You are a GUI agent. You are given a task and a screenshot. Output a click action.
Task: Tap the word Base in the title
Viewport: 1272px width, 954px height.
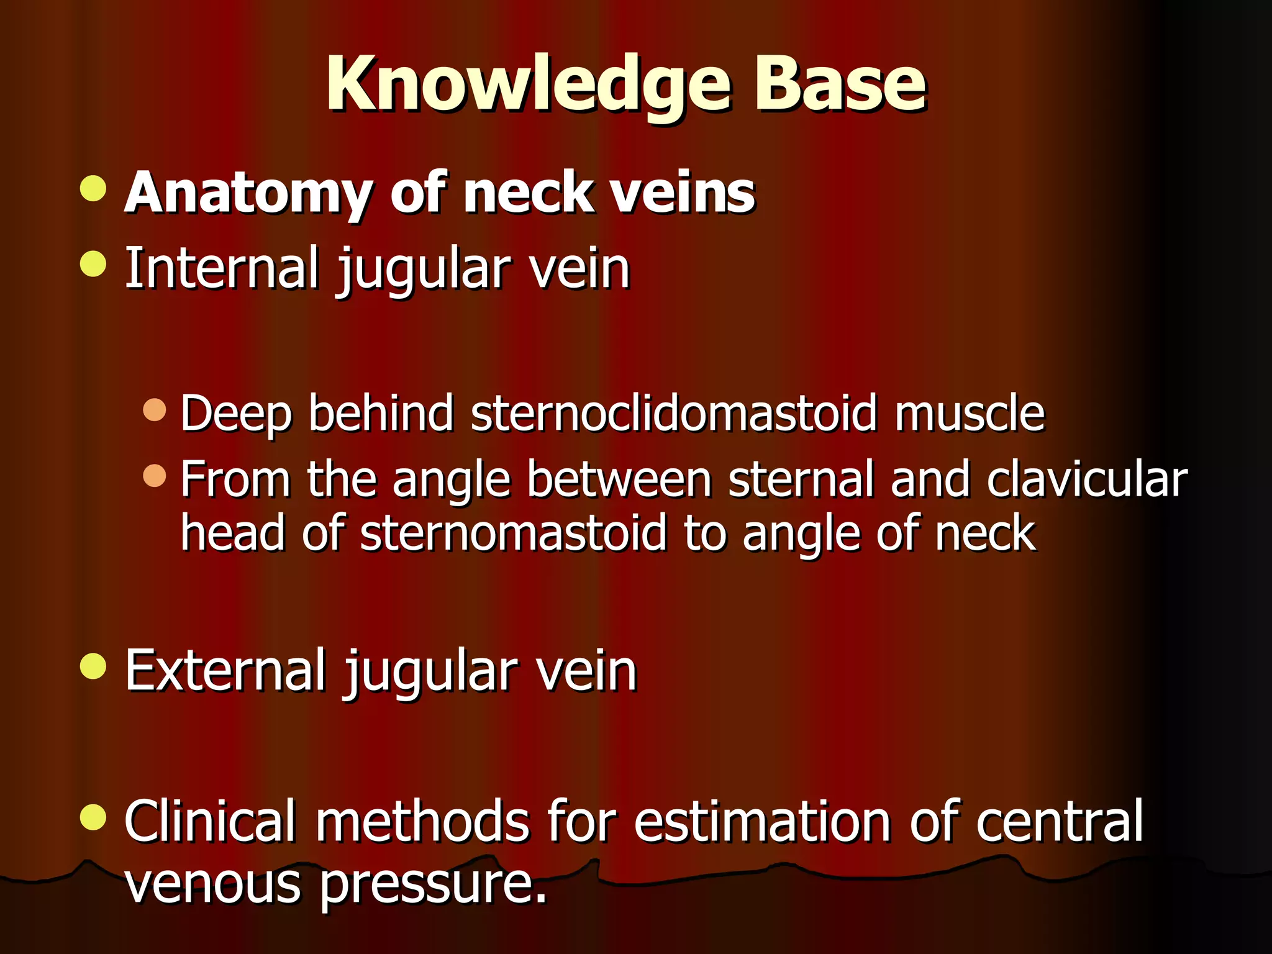tap(840, 84)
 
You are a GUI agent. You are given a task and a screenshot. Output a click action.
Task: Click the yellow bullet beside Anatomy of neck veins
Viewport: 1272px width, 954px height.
tap(93, 188)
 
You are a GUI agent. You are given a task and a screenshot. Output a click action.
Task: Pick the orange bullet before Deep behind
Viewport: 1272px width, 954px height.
tap(154, 410)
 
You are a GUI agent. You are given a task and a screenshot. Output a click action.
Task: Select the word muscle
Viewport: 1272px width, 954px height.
tap(970, 413)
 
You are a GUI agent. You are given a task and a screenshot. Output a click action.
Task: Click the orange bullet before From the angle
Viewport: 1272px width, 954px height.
tap(154, 476)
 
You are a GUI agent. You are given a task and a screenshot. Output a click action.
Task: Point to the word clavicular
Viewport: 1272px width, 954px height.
tap(1087, 479)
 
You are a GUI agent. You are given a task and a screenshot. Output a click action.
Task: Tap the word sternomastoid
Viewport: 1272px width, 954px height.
tap(513, 534)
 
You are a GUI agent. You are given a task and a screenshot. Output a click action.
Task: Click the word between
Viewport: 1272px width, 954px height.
tap(619, 479)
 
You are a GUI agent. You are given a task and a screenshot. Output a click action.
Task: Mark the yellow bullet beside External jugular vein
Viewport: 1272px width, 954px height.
tap(93, 666)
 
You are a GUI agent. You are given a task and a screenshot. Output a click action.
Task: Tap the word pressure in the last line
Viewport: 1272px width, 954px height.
tap(432, 884)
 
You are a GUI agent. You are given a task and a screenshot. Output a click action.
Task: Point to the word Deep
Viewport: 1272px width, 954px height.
tap(235, 414)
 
